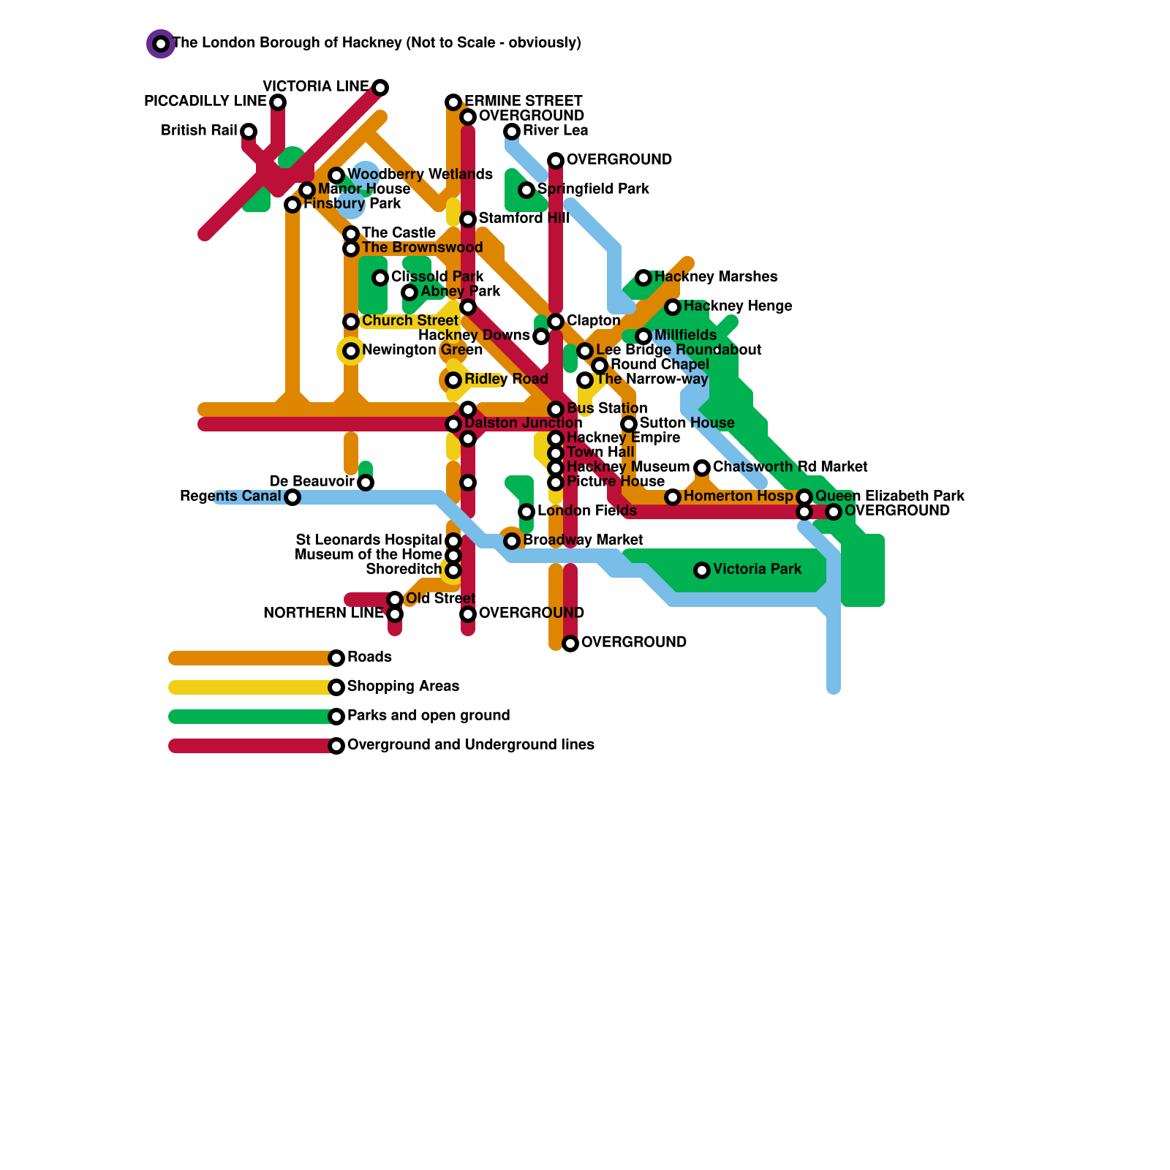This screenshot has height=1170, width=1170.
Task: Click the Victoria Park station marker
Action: tap(702, 570)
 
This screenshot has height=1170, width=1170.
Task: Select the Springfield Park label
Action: tap(593, 189)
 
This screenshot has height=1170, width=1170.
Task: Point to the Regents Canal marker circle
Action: tap(292, 497)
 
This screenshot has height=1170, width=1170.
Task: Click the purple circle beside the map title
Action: tap(161, 44)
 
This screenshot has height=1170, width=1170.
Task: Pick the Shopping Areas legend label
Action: tap(403, 686)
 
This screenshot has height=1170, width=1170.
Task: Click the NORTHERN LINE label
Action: tap(323, 613)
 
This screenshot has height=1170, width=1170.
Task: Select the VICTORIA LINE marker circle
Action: tap(380, 88)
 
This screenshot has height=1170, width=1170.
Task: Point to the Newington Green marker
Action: tap(351, 351)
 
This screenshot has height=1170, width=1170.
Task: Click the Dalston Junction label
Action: tap(523, 423)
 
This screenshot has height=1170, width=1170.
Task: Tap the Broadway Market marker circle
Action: tap(512, 541)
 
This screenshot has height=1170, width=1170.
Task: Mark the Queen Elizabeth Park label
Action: tap(889, 496)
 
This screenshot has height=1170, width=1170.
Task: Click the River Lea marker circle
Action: tap(512, 132)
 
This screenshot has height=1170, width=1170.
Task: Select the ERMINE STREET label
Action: tap(523, 101)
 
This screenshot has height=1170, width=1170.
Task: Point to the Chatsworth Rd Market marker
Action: tap(702, 468)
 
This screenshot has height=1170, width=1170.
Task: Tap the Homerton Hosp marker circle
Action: tap(673, 497)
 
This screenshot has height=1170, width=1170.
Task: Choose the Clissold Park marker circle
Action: tap(380, 278)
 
